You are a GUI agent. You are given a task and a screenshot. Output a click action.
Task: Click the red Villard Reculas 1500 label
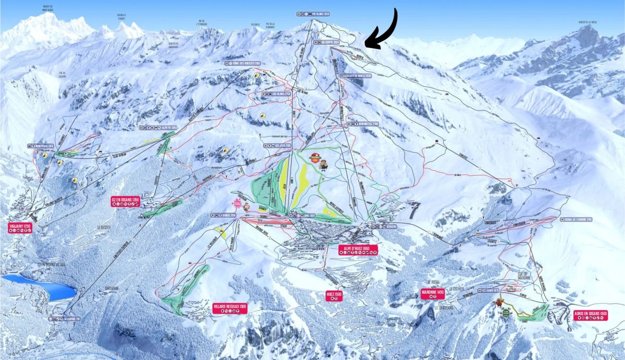[230, 306]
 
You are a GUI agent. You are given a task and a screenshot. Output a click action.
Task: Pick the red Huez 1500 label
[334, 295]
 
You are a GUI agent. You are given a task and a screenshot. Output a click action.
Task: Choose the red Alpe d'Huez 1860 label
[357, 249]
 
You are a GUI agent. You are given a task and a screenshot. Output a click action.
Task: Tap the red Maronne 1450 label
[433, 293]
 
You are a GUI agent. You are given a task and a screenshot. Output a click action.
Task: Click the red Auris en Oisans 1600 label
[590, 314]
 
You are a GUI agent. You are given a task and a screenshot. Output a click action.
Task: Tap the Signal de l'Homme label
[573, 219]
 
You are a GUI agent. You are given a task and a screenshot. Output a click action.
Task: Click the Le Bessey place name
[105, 227]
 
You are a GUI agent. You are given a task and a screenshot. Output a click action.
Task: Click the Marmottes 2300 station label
[363, 124]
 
